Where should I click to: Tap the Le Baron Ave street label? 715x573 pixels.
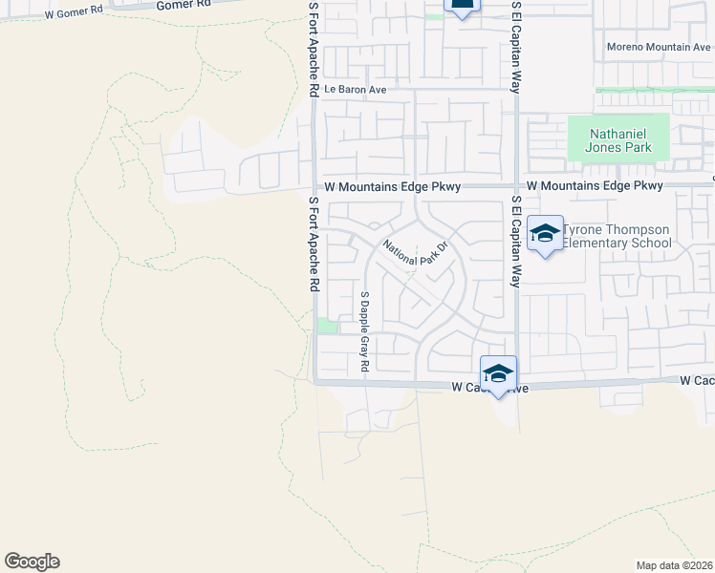pos(355,90)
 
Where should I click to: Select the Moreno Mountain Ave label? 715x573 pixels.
pos(659,47)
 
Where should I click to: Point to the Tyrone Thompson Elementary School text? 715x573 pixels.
pos(617,236)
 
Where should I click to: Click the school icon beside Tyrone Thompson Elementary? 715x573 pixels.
pos(545,234)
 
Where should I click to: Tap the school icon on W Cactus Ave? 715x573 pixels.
pos(498,373)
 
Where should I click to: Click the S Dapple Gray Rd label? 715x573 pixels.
pos(364,331)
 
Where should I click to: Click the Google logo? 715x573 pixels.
pos(32,562)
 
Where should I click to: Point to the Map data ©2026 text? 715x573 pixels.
pos(674,565)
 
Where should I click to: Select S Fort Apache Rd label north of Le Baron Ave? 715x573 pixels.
pos(313,48)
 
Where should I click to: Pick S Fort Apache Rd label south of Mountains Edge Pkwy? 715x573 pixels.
pos(313,245)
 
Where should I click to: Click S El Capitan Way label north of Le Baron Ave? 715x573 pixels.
pos(516,46)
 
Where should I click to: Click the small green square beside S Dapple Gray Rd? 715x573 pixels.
pos(327,327)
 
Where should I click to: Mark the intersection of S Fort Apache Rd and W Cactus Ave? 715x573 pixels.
pos(315,382)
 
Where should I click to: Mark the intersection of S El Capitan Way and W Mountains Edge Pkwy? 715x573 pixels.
pos(516,186)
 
